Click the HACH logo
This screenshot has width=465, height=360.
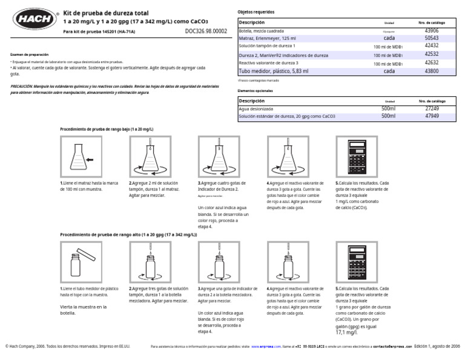[30, 18]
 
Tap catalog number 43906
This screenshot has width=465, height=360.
[431, 30]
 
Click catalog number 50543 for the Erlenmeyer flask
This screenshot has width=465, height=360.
[431, 38]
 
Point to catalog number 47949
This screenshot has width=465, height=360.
[431, 116]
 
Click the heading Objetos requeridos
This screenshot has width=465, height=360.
[256, 12]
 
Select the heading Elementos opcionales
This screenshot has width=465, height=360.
[256, 90]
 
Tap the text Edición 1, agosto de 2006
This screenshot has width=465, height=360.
[437, 346]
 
